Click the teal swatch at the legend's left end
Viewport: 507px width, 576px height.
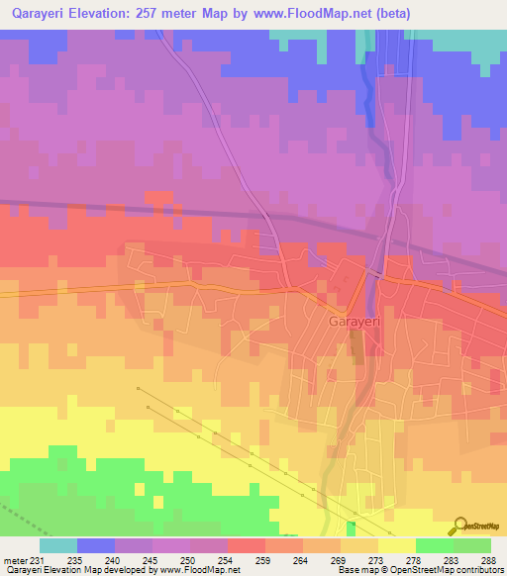(58, 545)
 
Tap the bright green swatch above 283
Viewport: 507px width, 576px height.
(435, 545)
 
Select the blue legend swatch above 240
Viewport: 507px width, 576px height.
(96, 545)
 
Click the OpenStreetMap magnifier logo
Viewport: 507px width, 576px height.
(459, 526)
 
